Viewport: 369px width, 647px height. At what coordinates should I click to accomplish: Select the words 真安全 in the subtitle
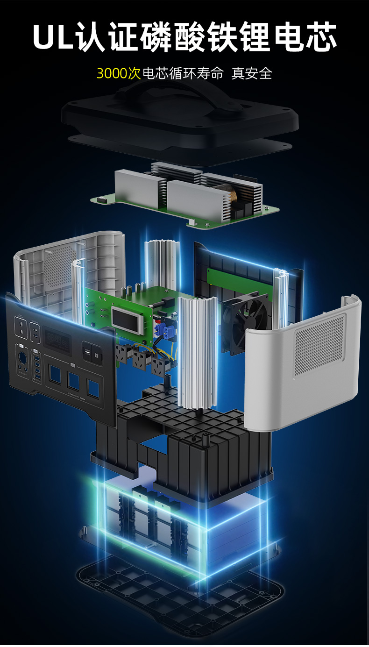pyautogui.click(x=251, y=73)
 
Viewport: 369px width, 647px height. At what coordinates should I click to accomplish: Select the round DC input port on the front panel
pyautogui.click(x=22, y=358)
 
